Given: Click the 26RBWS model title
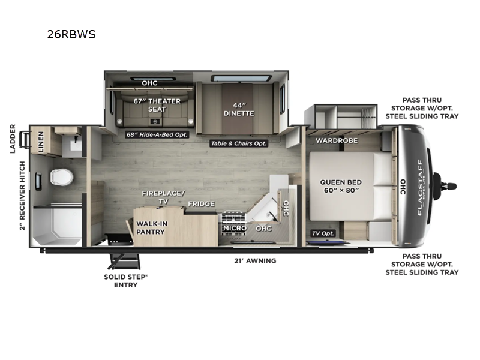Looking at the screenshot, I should click(x=71, y=34).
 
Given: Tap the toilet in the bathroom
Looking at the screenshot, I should click(x=61, y=176).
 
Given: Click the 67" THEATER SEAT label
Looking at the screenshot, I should click(x=156, y=105).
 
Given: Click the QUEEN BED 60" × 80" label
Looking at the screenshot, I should click(x=339, y=186).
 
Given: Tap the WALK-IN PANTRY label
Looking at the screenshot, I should click(x=151, y=227).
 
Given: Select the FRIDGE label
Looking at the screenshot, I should click(x=201, y=204).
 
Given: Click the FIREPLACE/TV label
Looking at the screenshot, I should click(x=164, y=197).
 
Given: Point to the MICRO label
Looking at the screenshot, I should click(x=235, y=228).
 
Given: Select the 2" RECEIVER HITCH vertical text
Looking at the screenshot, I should click(x=22, y=196).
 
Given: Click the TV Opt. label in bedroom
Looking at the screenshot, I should click(x=323, y=233).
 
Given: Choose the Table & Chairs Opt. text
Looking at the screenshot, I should click(x=238, y=143).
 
